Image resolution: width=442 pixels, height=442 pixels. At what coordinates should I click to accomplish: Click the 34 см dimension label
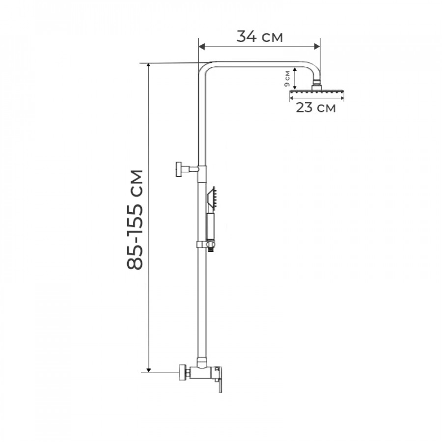click(259, 37)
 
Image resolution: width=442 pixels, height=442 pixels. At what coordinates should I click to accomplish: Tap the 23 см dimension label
click(316, 108)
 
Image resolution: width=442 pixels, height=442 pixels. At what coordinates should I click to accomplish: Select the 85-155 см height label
click(135, 220)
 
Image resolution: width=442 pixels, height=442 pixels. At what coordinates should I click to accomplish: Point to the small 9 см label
click(287, 79)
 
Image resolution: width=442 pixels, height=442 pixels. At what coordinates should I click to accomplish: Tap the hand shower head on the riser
click(212, 197)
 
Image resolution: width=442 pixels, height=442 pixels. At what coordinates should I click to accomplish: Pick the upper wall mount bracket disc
click(179, 169)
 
